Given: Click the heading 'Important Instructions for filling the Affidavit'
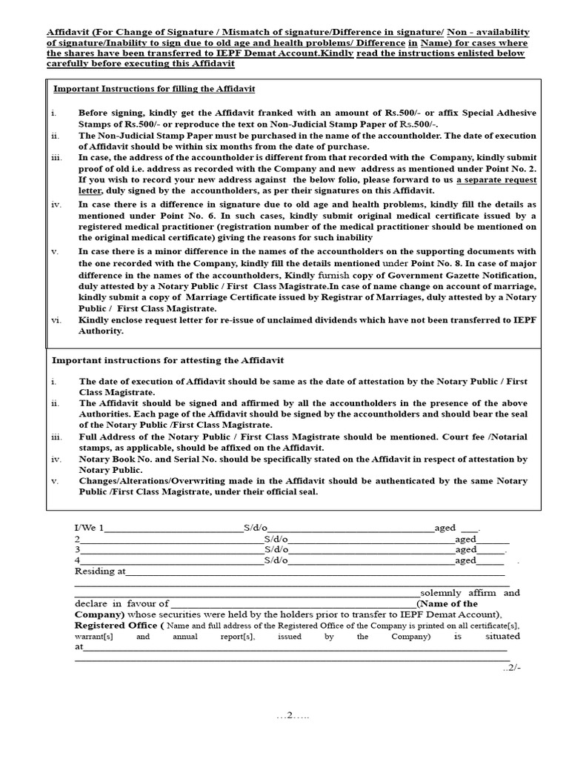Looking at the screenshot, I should click(154, 89).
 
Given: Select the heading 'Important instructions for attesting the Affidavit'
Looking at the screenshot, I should click(167, 360).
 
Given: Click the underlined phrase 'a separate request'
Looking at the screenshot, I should click(496, 180).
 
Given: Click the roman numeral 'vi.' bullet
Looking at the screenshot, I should click(56, 320).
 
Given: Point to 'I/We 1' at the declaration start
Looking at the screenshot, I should click(90, 528).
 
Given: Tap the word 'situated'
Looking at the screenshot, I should click(502, 636).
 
